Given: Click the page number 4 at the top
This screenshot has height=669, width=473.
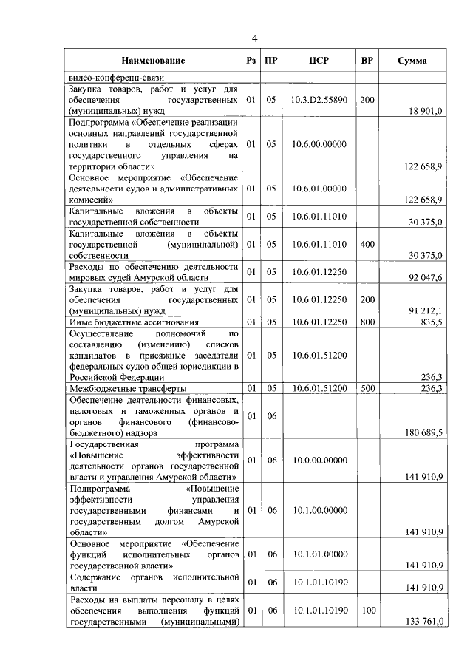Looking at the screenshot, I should (x=254, y=38).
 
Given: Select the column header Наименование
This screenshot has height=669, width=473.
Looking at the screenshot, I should (x=154, y=61).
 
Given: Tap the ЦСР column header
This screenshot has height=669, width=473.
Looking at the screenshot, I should (x=319, y=61).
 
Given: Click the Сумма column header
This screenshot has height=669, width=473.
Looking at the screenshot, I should (x=412, y=61).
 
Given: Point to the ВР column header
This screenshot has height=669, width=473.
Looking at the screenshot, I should (x=367, y=61).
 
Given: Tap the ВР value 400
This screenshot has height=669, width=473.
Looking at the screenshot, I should (x=367, y=243).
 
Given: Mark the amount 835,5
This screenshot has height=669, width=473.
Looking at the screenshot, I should (x=430, y=322).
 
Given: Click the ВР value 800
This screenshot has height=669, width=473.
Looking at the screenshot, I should (x=367, y=322).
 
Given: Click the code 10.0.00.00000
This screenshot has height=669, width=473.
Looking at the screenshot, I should (x=319, y=461).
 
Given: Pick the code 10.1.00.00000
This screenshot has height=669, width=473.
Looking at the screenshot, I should (x=319, y=510).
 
